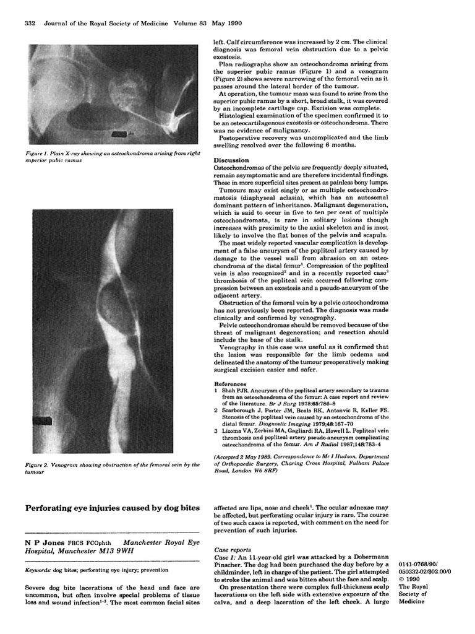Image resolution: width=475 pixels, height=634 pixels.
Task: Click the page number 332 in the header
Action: pos(29,24)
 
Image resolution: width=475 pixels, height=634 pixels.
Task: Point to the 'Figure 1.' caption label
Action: pos(41,152)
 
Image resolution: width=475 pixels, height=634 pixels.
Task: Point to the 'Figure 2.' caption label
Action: pos(41,464)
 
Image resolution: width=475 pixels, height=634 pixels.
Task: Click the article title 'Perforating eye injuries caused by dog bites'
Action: pos(113,508)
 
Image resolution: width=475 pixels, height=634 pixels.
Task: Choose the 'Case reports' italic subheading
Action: pos(233,549)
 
